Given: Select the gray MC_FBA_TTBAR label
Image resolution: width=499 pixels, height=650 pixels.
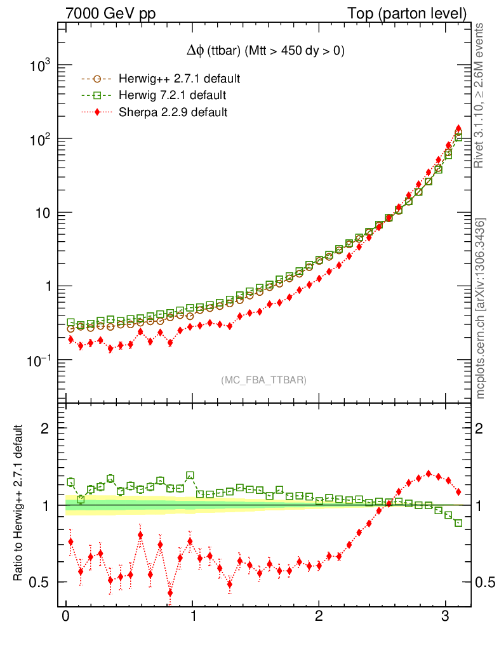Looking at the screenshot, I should point(263,380).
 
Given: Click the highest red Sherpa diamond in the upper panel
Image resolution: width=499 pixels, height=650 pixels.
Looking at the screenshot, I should point(458,128).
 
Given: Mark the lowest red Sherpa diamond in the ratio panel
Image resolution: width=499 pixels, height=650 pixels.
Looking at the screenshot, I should point(170,593).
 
